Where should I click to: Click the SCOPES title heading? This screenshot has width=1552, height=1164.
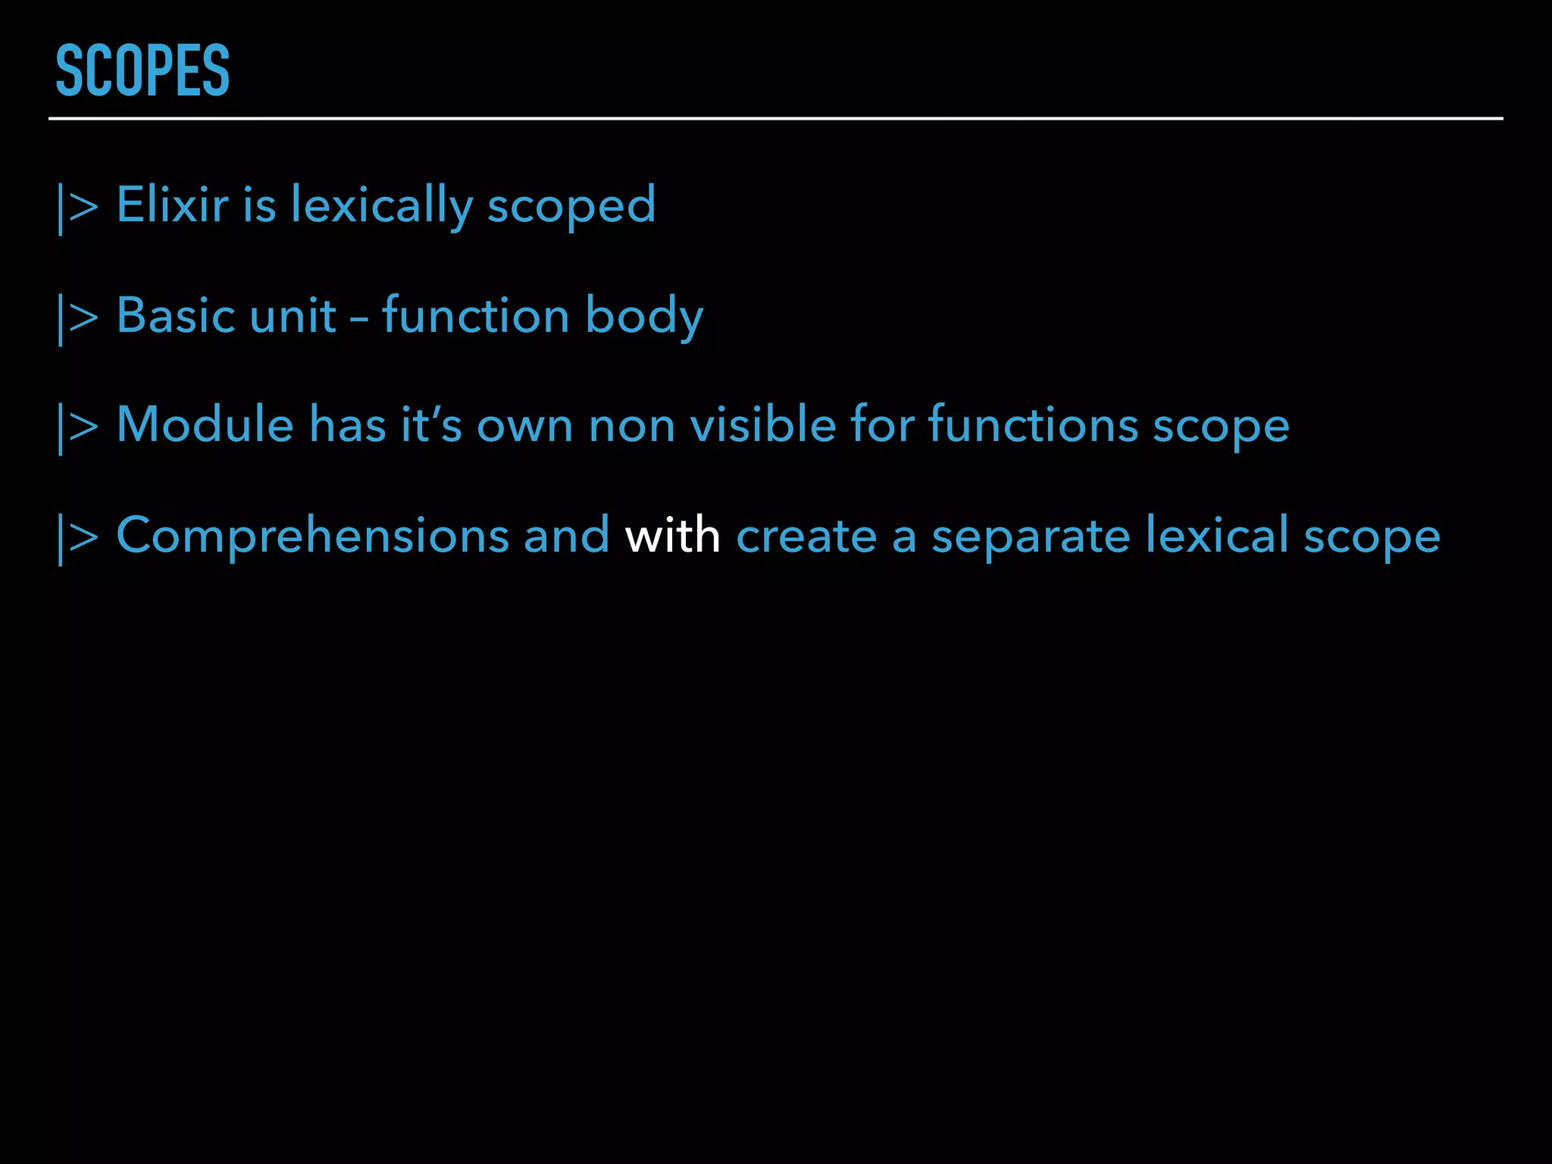pyautogui.click(x=142, y=70)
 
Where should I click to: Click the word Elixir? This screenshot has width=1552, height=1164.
pyautogui.click(x=172, y=205)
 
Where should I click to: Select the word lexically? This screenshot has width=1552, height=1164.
pyautogui.click(x=382, y=206)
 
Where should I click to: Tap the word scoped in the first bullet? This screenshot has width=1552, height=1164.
pyautogui.click(x=571, y=206)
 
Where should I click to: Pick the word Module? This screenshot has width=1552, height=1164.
pyautogui.click(x=205, y=424)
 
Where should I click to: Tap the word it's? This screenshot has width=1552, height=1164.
pyautogui.click(x=431, y=424)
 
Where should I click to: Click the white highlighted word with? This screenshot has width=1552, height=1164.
pyautogui.click(x=672, y=535)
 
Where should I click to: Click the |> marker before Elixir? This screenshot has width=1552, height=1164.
pyautogui.click(x=77, y=206)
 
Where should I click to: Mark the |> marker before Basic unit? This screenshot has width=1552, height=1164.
pyautogui.click(x=77, y=317)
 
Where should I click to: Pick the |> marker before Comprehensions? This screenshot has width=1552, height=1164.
pyautogui.click(x=77, y=537)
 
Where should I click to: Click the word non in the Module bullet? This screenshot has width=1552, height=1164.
pyautogui.click(x=632, y=426)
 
